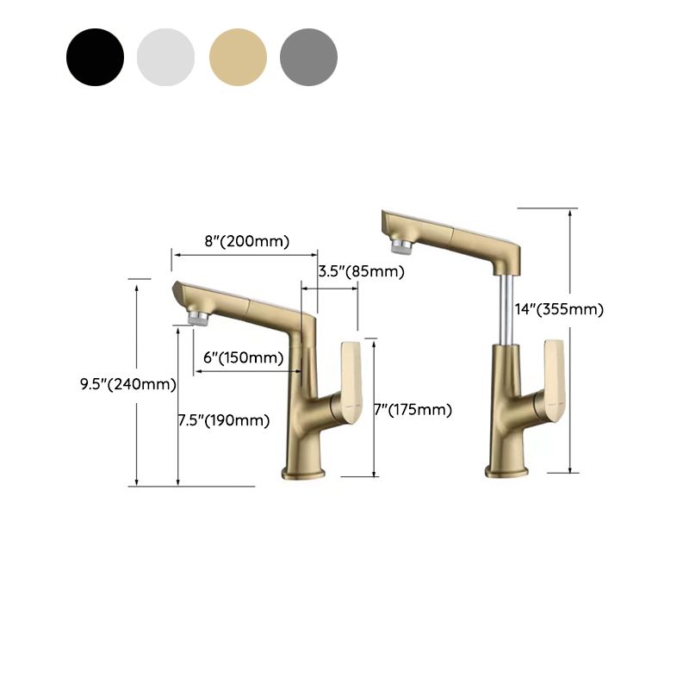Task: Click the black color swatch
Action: tap(95, 57)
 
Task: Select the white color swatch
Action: tap(166, 57)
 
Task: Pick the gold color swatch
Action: tap(238, 57)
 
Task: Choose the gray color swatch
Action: tap(308, 57)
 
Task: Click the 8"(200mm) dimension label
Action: tap(246, 241)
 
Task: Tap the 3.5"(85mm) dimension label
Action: tap(361, 272)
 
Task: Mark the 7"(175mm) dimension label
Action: tap(413, 410)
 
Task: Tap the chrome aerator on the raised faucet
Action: tap(400, 246)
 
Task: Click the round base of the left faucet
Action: tap(304, 472)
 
